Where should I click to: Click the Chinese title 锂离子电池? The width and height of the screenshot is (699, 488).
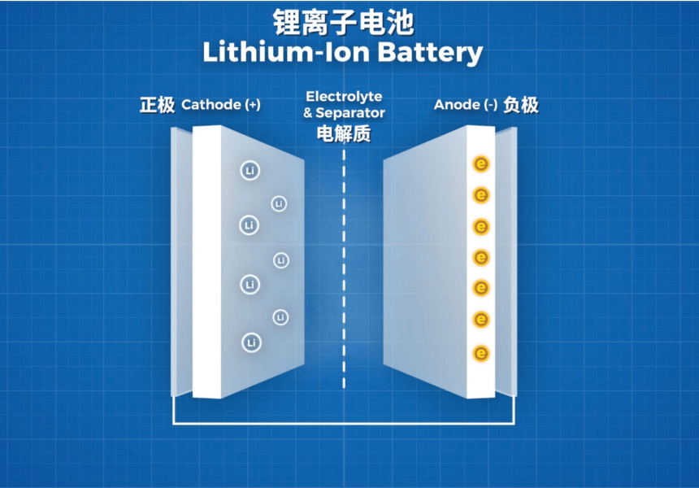[343, 22]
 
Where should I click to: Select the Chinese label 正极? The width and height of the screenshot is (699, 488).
[157, 105]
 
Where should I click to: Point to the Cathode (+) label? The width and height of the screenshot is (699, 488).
[221, 105]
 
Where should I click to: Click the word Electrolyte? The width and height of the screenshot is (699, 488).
[344, 96]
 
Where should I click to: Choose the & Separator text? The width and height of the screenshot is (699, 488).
[344, 113]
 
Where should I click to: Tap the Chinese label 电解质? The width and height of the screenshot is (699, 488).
[344, 134]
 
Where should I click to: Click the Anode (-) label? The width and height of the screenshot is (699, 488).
[466, 105]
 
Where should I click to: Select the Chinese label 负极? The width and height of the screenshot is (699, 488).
[521, 105]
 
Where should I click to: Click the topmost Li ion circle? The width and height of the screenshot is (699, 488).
[250, 171]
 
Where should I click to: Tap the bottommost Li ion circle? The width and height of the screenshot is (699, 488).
[251, 342]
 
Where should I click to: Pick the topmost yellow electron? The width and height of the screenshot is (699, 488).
[481, 164]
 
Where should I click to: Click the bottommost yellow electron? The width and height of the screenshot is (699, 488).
[481, 354]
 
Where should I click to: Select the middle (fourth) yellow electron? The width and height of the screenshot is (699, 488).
[481, 258]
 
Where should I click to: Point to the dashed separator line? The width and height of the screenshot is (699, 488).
[344, 269]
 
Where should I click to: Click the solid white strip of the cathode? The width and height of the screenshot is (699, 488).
[206, 262]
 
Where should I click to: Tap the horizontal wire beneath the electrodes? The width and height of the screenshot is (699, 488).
[344, 423]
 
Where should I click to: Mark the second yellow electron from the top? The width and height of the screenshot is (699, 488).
[481, 195]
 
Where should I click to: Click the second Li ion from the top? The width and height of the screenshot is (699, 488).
[279, 204]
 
